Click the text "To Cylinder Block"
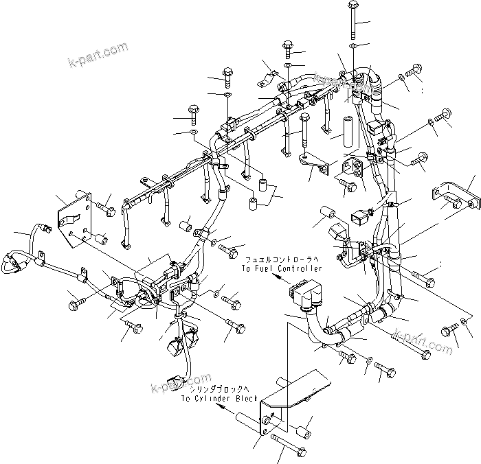point(219,398)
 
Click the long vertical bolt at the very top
point(351,20)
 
